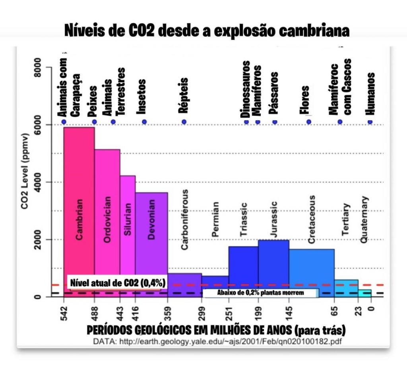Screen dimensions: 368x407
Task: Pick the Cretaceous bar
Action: pyautogui.click(x=311, y=266)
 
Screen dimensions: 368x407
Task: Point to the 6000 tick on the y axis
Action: pyautogui.click(x=39, y=125)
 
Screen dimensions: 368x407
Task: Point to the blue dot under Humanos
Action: pyautogui.click(x=370, y=122)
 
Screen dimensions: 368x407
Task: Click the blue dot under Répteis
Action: pyautogui.click(x=184, y=122)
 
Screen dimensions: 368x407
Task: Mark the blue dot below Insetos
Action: pyautogui.click(x=144, y=122)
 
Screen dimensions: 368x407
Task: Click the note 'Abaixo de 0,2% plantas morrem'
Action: pyautogui.click(x=260, y=293)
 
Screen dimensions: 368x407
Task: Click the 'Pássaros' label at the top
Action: pyautogui.click(x=273, y=92)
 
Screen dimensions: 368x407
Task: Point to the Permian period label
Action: pyautogui.click(x=215, y=219)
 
